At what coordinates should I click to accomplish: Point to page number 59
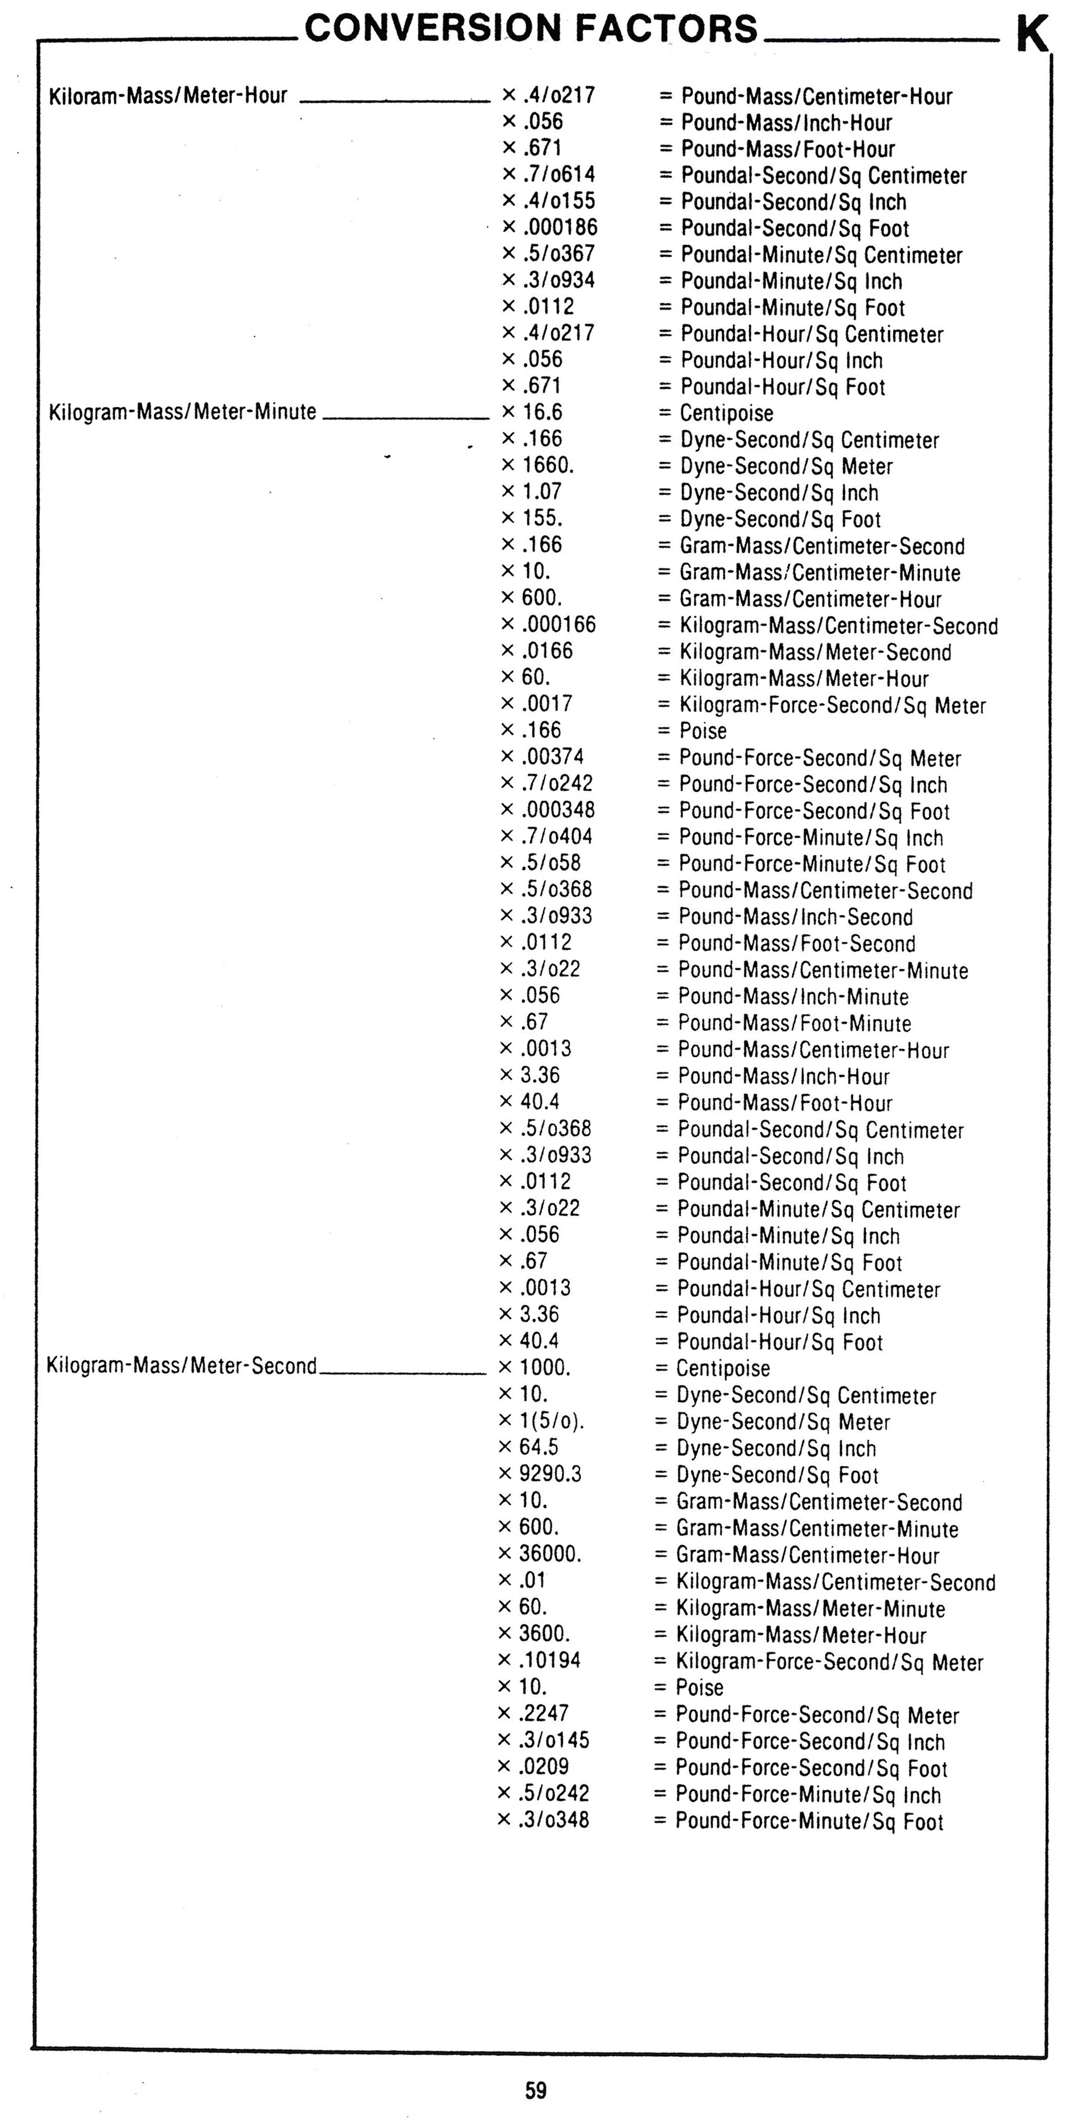[535, 2090]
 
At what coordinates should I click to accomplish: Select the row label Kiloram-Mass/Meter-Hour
[168, 96]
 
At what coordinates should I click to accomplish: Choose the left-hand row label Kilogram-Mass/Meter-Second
[181, 1366]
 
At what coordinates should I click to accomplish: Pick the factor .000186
[560, 227]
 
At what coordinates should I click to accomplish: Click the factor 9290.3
[550, 1473]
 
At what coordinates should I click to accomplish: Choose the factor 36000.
[550, 1553]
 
